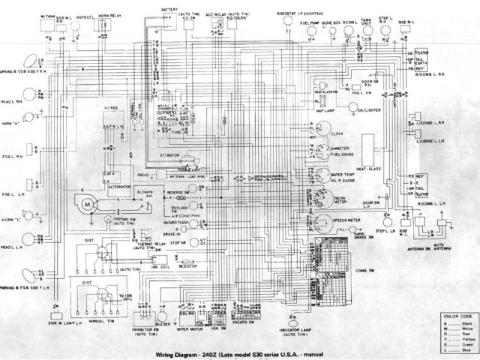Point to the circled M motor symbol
[x=88, y=203]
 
